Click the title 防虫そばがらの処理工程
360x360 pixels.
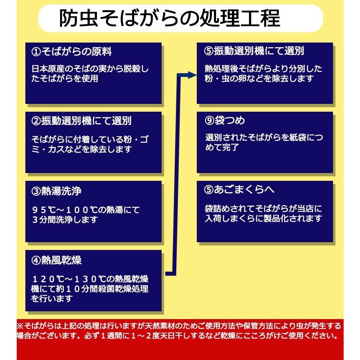169,18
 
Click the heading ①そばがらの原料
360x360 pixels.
72,52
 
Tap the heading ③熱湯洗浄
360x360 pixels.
54,191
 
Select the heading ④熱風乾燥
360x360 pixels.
54,260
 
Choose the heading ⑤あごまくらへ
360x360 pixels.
239,190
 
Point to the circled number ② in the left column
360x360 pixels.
36,121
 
